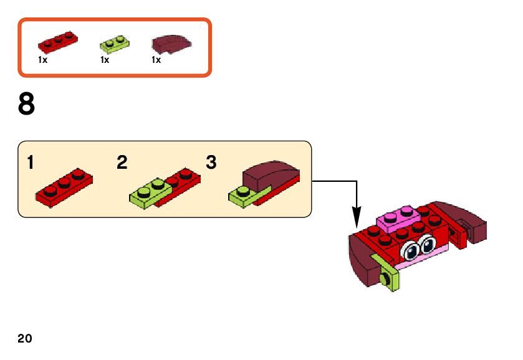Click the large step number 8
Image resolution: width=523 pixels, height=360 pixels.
click(x=26, y=105)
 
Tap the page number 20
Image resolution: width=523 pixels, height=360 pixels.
click(x=24, y=338)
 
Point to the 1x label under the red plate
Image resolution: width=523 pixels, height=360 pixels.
click(x=42, y=60)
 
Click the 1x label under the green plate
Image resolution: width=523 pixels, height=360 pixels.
click(x=104, y=60)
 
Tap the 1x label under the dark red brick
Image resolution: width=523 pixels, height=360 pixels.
click(x=156, y=60)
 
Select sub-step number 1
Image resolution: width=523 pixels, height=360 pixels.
click(x=30, y=163)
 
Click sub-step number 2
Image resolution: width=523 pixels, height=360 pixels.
click(x=122, y=163)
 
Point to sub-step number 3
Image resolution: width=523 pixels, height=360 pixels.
click(x=211, y=163)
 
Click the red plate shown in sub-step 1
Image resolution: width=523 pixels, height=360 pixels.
click(x=64, y=187)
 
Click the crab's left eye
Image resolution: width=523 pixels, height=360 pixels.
click(x=411, y=251)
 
